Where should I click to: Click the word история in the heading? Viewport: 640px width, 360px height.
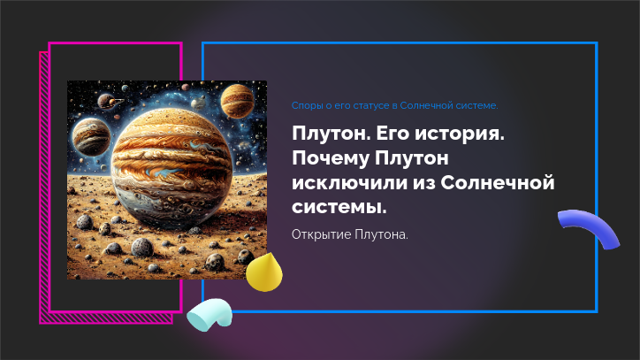point(460,134)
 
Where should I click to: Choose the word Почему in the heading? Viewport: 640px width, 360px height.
point(331,158)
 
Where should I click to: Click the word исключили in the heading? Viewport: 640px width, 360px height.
point(349,183)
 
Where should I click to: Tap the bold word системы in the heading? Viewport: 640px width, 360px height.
point(339,207)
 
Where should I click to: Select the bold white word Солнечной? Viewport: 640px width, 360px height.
point(498,183)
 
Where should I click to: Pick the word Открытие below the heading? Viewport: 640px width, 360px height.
point(321,234)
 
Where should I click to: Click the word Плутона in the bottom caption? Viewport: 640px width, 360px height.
point(381,234)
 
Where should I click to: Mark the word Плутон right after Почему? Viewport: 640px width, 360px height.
point(411,157)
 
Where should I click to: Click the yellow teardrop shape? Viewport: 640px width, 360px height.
point(264,272)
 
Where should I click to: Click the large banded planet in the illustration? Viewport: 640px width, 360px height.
point(171,166)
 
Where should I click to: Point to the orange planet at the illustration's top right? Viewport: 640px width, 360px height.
point(237,101)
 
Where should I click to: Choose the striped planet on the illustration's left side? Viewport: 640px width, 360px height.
point(91,136)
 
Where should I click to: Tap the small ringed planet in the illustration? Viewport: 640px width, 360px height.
point(109,101)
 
